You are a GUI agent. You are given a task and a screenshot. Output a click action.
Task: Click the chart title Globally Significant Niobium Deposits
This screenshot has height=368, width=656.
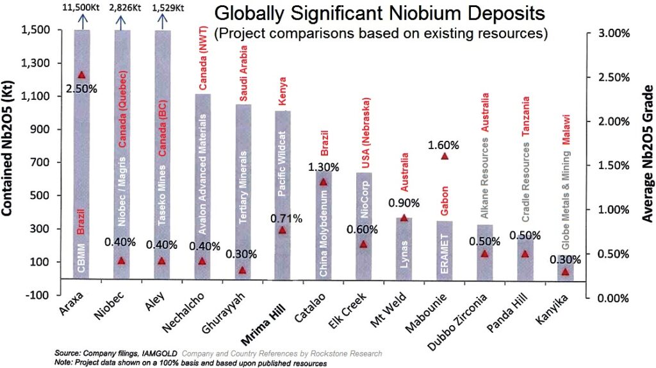pyautogui.click(x=381, y=13)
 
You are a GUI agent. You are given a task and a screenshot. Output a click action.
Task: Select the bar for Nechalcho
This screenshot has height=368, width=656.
pyautogui.click(x=202, y=186)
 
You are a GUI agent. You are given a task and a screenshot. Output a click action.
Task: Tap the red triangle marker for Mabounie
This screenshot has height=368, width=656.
pyautogui.click(x=445, y=156)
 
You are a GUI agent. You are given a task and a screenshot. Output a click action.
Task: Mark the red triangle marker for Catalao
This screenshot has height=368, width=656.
pyautogui.click(x=324, y=182)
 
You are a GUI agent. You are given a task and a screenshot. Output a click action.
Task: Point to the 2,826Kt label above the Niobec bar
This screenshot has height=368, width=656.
pyautogui.click(x=122, y=8)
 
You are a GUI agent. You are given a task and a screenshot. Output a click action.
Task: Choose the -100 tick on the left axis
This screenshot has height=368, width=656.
pyautogui.click(x=41, y=296)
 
